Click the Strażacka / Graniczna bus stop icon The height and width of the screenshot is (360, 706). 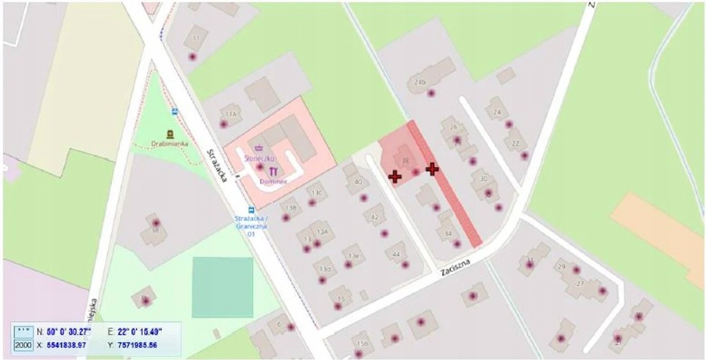pos(251,210)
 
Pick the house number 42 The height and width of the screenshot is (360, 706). pos(375,217)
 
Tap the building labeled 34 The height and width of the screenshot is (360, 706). pos(447,234)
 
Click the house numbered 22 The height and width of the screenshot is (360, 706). pos(515,143)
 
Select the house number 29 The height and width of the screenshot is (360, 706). pos(561,266)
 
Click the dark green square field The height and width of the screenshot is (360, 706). pos(222,287)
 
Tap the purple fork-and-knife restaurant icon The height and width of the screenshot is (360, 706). pos(274,170)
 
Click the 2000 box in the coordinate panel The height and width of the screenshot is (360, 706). pos(23,344)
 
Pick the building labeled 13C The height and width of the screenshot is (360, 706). pos(317,192)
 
